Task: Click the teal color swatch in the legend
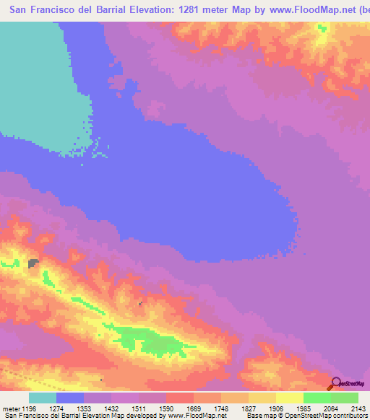click(43, 398)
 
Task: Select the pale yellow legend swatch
click(290, 398)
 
